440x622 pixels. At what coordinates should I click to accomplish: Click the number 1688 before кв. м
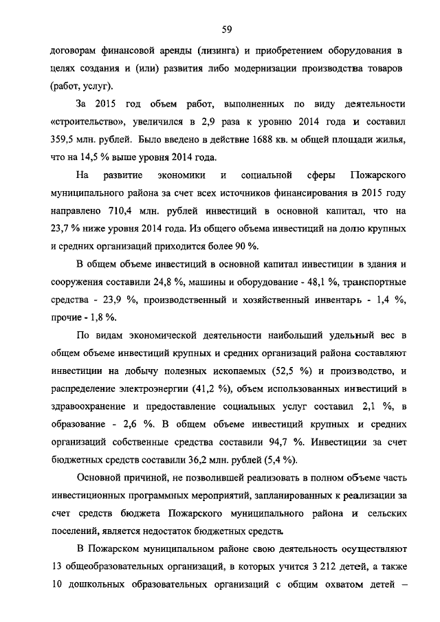click(265, 140)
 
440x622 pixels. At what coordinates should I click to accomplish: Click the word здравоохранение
click(89, 407)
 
